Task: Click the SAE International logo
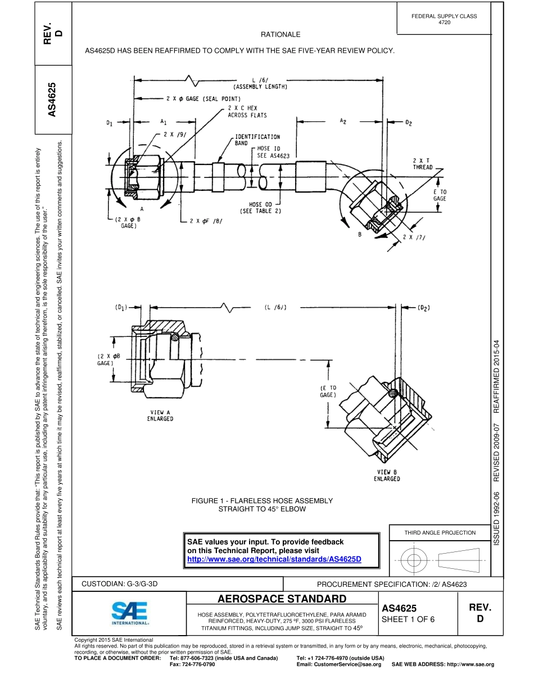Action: pos(130,613)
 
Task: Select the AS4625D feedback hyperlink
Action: pos(274,559)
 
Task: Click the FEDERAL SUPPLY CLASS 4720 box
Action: pos(444,19)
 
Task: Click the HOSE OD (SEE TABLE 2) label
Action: pos(260,208)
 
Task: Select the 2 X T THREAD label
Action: pos(422,164)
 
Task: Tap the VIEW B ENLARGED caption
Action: pos(387,475)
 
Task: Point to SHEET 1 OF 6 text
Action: pos(408,619)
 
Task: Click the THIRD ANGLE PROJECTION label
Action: pos(440,532)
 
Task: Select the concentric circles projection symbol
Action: pos(414,560)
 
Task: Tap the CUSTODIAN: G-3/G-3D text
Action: pos(120,584)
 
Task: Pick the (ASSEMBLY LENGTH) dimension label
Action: pos(260,87)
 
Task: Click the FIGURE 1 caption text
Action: pos(262,504)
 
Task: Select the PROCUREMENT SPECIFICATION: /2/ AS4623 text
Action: pos(392,585)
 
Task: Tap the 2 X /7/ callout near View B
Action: pos(414,237)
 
